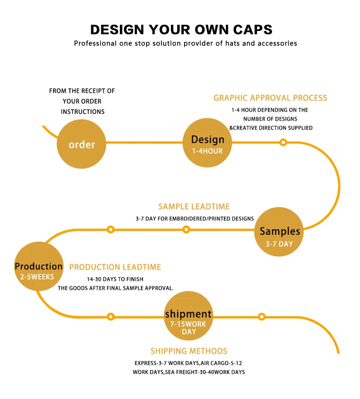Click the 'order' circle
tap(82, 144)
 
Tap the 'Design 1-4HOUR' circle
tap(207, 144)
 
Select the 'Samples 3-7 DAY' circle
tap(279, 231)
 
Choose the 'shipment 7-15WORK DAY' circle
tap(188, 317)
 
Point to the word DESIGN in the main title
tap(117, 30)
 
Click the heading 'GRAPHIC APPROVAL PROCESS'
tap(270, 98)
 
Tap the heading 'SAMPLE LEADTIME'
tap(194, 207)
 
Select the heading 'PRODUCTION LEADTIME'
tap(115, 267)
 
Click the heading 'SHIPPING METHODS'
tap(189, 351)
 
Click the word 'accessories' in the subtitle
tap(277, 43)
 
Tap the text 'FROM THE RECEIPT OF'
tap(82, 91)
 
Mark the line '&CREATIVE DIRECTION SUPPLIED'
tap(271, 128)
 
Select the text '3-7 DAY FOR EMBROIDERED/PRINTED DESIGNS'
tap(195, 219)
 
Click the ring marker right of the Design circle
tap(283, 143)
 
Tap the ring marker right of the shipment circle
tap(262, 317)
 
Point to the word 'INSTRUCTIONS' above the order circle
tap(82, 112)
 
